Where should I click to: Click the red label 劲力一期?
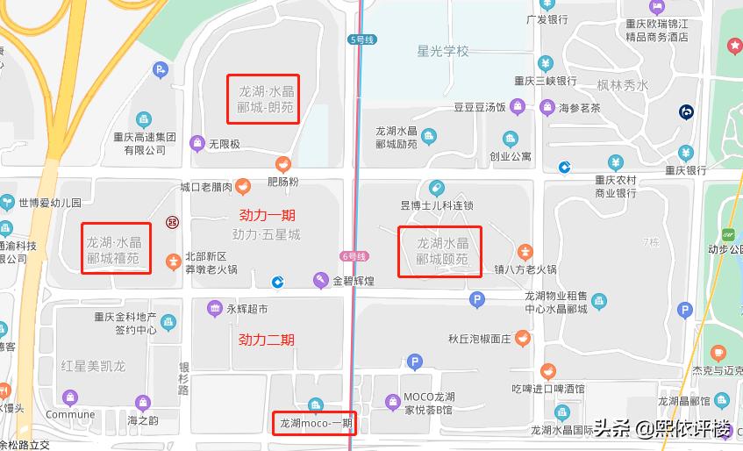point(268,215)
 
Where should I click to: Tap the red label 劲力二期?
point(267,340)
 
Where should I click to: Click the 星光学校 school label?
point(443,51)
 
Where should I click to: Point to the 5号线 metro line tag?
point(361,39)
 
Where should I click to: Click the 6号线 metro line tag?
point(352,256)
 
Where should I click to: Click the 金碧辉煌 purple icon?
point(321,281)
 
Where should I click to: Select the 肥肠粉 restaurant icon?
point(283,163)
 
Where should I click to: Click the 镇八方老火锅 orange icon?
point(525,253)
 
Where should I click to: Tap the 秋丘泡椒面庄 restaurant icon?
point(523,339)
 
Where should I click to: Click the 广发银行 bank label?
point(543,18)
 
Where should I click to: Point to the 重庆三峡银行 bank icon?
point(546,63)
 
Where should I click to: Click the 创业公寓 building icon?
point(510,139)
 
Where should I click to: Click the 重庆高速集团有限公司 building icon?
point(144,119)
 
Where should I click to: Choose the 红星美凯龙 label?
point(93,365)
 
